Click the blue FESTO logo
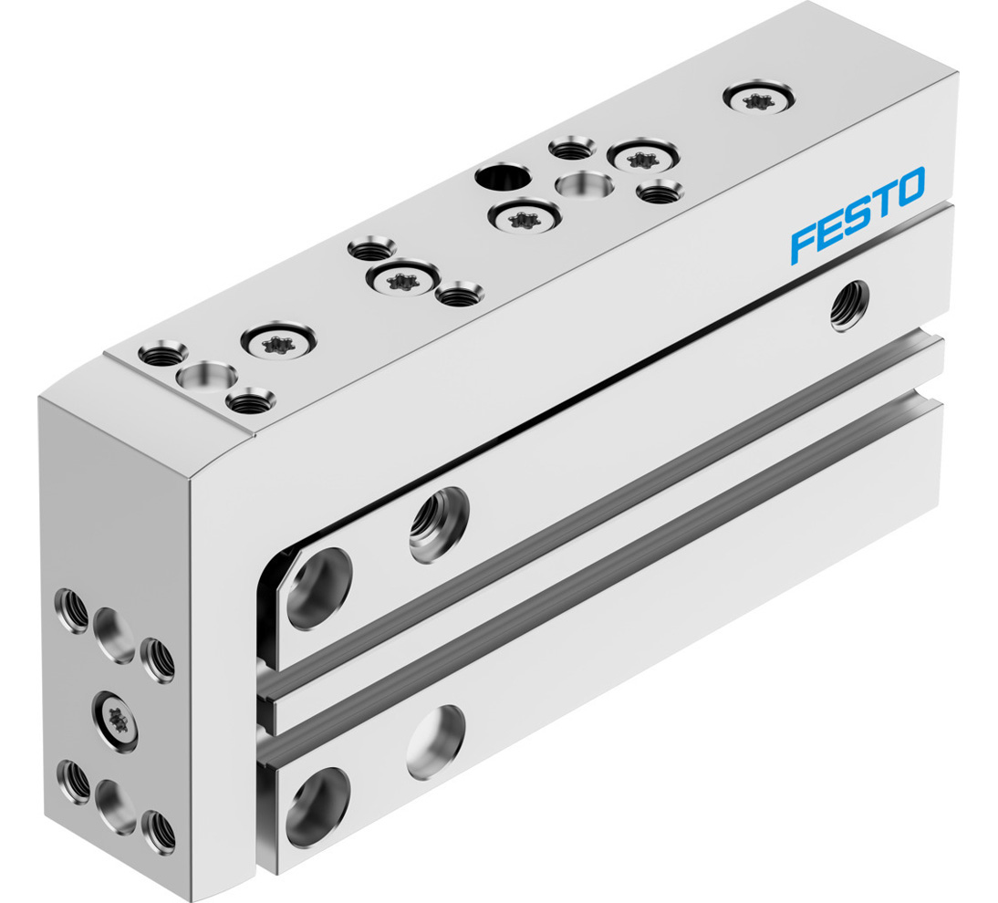pos(858,214)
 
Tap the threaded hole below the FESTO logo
pos(850,306)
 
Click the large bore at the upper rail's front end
pos(319,586)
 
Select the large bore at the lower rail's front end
pos(317,806)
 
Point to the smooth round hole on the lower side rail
pos(436,741)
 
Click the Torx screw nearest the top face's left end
pos(276,343)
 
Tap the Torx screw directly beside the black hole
pos(523,217)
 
